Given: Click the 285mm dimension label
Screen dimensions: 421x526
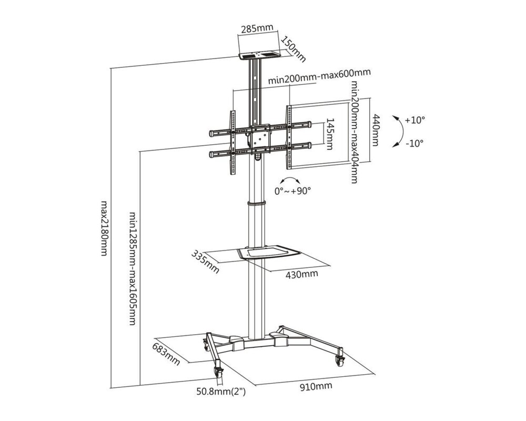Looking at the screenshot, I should pyautogui.click(x=257, y=29).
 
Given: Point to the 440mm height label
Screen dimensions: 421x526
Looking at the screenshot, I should pyautogui.click(x=377, y=131).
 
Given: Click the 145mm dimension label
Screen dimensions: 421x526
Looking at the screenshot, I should pyautogui.click(x=330, y=134).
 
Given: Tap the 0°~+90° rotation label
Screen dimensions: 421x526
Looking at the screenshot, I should pyautogui.click(x=292, y=190).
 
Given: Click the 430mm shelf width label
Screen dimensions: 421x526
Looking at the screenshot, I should pyautogui.click(x=301, y=274).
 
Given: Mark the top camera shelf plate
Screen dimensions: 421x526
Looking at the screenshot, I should pyautogui.click(x=259, y=55).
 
